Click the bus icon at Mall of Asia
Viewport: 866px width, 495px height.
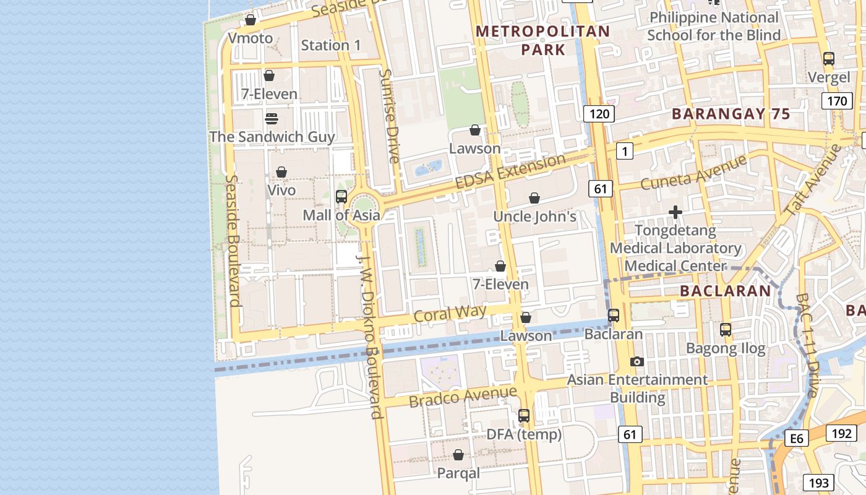(341, 197)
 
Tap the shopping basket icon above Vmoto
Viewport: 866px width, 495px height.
(251, 20)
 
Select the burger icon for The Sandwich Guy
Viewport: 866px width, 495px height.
(271, 118)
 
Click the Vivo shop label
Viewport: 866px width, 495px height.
(281, 190)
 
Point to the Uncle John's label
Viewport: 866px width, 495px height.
(534, 217)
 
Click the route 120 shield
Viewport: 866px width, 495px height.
(599, 113)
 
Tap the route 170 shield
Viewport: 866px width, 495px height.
(837, 101)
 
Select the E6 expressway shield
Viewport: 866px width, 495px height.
(796, 439)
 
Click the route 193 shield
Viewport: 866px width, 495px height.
(818, 483)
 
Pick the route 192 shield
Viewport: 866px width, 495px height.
(841, 433)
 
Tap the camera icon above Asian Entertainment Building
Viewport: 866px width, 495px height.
(637, 361)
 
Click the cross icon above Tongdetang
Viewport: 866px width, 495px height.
(675, 212)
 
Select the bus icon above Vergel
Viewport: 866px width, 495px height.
(829, 59)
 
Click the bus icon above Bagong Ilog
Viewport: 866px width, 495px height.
(726, 330)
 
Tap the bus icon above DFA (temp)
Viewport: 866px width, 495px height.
(524, 416)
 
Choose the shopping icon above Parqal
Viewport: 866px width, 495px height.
(458, 455)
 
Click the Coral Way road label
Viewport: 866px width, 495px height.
(450, 313)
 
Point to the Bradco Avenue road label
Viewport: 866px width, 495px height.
(462, 397)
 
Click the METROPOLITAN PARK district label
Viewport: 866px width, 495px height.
(542, 40)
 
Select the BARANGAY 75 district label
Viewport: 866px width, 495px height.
(731, 114)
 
